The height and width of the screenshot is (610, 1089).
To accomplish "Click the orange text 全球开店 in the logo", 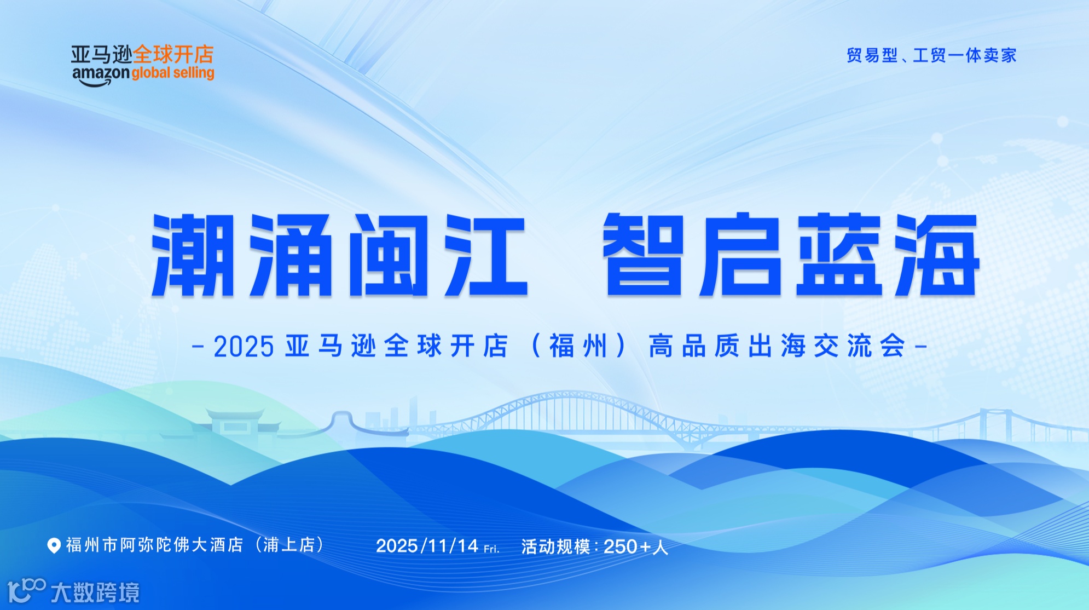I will [x=173, y=55].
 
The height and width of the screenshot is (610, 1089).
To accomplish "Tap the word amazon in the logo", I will [x=101, y=74].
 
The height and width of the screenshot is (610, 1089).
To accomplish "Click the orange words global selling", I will [x=173, y=73].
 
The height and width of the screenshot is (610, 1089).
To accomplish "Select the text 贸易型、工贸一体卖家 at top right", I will [x=931, y=55].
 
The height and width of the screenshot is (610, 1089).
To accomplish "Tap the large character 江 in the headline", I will [x=486, y=255].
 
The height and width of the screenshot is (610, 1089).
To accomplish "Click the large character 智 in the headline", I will [x=644, y=255].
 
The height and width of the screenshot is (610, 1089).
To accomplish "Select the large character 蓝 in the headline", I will [x=838, y=255].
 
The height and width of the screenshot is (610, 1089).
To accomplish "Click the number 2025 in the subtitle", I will [x=244, y=347].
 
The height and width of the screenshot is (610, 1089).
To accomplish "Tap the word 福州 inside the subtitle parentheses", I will [x=578, y=347].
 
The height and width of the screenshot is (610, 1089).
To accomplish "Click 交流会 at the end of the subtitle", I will [x=859, y=347].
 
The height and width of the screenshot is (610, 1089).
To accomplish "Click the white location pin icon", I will [x=54, y=545].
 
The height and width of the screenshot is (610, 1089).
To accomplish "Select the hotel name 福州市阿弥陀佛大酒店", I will [x=155, y=545].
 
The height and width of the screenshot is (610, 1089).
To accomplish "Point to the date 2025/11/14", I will [x=427, y=546].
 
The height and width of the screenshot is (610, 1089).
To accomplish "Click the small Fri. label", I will [x=491, y=548].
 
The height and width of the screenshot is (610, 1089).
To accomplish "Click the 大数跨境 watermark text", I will [x=95, y=592].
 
